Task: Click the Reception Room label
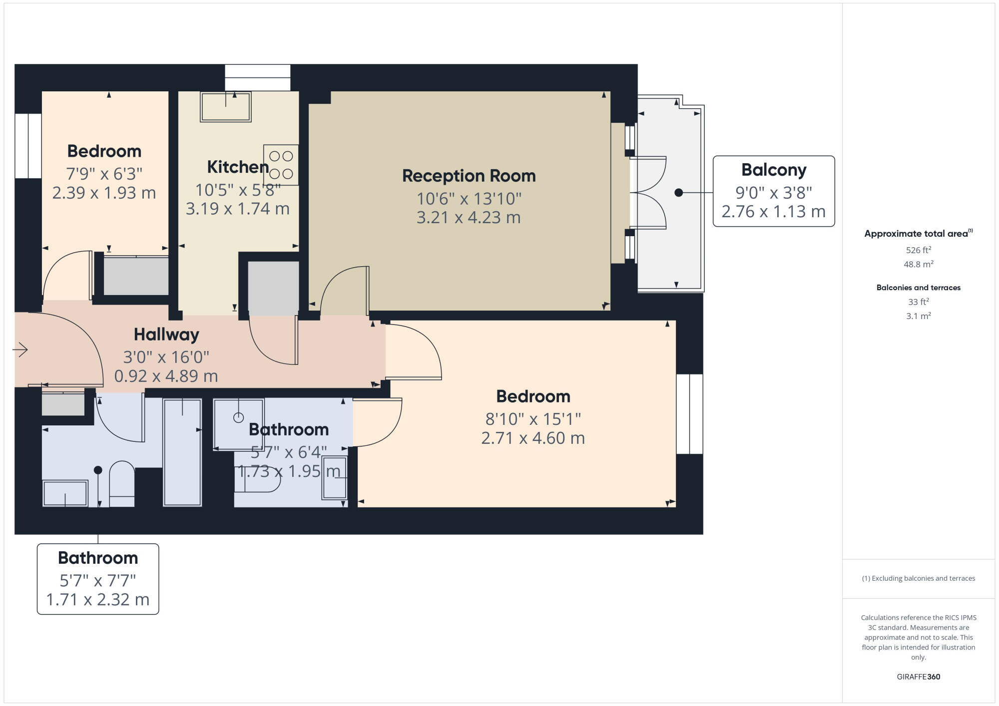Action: tap(469, 176)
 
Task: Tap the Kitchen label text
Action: tap(238, 167)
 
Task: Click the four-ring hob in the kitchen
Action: tap(281, 165)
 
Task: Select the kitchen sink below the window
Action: tap(225, 107)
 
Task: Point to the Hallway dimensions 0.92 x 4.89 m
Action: tap(166, 376)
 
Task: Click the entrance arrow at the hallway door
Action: tap(20, 350)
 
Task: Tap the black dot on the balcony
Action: tap(678, 192)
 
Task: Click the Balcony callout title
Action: tap(773, 170)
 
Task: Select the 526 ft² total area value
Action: tap(918, 250)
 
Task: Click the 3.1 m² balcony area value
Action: tap(918, 316)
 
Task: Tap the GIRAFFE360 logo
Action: tap(918, 677)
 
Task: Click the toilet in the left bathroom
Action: tap(122, 483)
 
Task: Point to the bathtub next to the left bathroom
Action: tap(182, 452)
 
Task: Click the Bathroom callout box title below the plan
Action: tap(98, 558)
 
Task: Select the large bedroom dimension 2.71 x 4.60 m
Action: tap(532, 438)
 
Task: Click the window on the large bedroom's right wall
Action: tap(689, 413)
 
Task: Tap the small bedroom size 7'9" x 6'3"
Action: tap(104, 174)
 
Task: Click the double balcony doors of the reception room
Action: tap(648, 193)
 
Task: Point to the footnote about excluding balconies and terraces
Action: tap(918, 578)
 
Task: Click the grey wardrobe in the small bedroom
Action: tap(135, 276)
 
